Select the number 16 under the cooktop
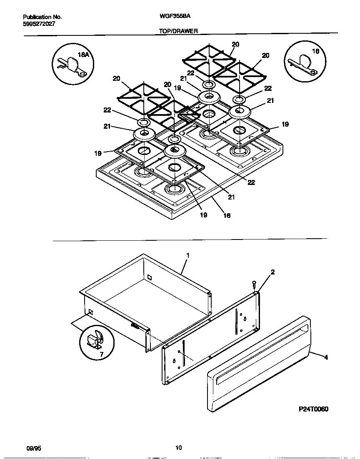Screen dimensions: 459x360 pyautogui.click(x=227, y=215)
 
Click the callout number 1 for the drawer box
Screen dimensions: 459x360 pyautogui.click(x=187, y=255)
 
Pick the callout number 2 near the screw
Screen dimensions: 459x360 pyautogui.click(x=272, y=272)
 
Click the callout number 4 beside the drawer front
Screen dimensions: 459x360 pyautogui.click(x=326, y=357)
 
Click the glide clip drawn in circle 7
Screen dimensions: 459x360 pyautogui.click(x=95, y=339)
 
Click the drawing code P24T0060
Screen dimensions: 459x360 pyautogui.click(x=313, y=409)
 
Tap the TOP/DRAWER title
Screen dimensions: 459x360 pyautogui.click(x=178, y=31)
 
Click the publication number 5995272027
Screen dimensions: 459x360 pyautogui.click(x=39, y=24)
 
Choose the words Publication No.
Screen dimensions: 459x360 pyautogui.click(x=42, y=17)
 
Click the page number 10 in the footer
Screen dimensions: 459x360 pyautogui.click(x=178, y=448)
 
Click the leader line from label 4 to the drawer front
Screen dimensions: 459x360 pyautogui.click(x=317, y=355)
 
